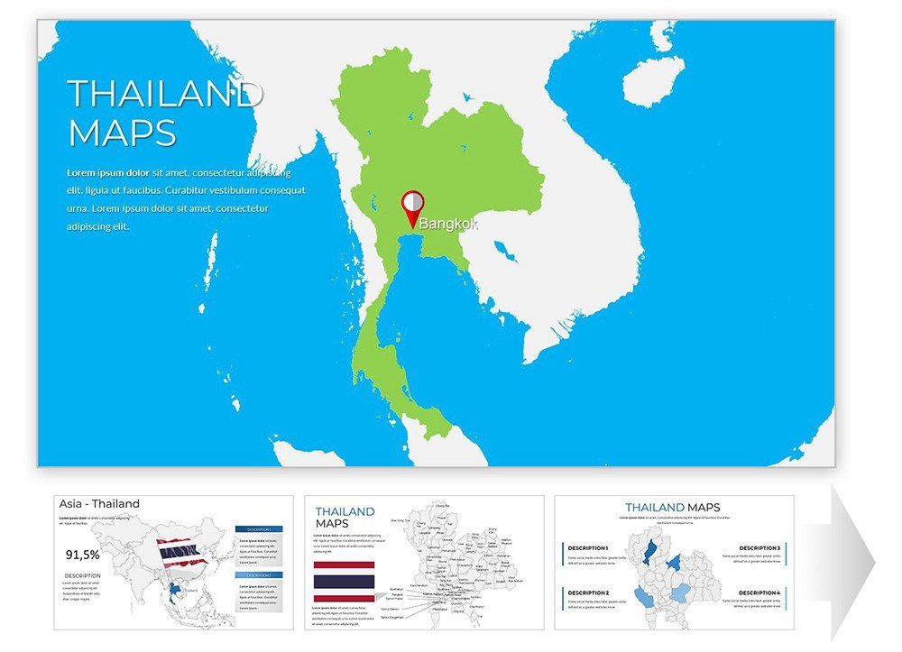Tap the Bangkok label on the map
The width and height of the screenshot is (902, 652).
click(448, 223)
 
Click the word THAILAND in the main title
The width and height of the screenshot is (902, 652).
click(165, 94)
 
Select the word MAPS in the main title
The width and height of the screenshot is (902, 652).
click(122, 133)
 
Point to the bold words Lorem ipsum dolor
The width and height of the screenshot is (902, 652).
click(108, 171)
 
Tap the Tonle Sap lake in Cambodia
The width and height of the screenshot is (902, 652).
click(506, 250)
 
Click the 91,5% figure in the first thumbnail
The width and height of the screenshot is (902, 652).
click(82, 555)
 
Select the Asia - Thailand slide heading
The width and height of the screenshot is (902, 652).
click(99, 503)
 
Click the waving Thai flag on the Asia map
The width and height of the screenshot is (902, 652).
click(180, 549)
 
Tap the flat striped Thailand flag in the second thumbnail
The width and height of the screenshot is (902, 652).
click(344, 581)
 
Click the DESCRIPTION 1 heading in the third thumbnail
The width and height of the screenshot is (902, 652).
click(588, 548)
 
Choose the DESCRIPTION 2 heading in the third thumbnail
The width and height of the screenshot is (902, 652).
click(588, 592)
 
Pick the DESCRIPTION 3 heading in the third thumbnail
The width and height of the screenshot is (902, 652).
click(759, 548)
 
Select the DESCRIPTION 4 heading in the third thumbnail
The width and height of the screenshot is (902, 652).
click(759, 592)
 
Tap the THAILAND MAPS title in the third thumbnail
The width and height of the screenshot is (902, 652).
click(672, 508)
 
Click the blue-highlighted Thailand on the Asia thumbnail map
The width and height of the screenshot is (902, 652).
click(174, 592)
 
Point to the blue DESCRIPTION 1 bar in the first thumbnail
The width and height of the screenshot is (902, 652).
click(259, 529)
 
